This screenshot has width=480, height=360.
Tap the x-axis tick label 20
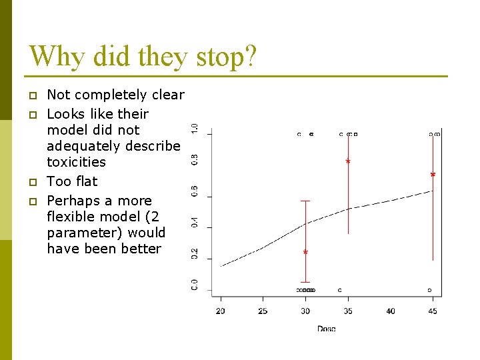[221, 311]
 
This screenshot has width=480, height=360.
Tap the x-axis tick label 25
[263, 311]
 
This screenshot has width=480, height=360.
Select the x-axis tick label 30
[305, 311]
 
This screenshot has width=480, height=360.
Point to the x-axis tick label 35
[348, 311]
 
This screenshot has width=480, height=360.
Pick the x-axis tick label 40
[391, 311]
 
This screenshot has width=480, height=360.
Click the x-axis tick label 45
[433, 311]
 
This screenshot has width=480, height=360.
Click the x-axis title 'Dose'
[327, 328]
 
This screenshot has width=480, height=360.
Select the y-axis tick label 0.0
[195, 285]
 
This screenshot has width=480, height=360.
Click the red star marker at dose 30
[305, 253]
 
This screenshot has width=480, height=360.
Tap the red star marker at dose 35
[348, 161]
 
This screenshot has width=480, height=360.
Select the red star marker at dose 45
[433, 175]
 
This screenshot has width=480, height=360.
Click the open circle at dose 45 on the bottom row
[429, 290]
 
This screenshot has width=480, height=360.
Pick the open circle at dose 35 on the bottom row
[340, 290]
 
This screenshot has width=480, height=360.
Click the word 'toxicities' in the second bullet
[76, 162]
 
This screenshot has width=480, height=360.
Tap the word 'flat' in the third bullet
[85, 181]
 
